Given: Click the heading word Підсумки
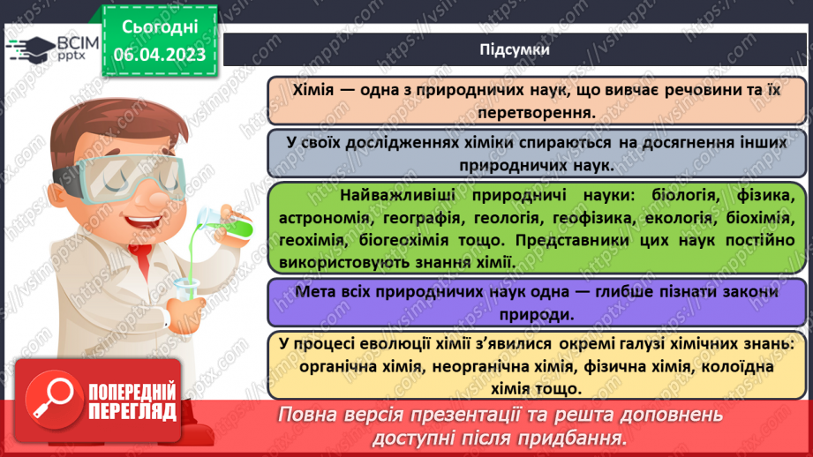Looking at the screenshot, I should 515,49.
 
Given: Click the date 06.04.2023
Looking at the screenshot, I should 160,55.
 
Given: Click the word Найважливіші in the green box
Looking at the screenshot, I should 389,195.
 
